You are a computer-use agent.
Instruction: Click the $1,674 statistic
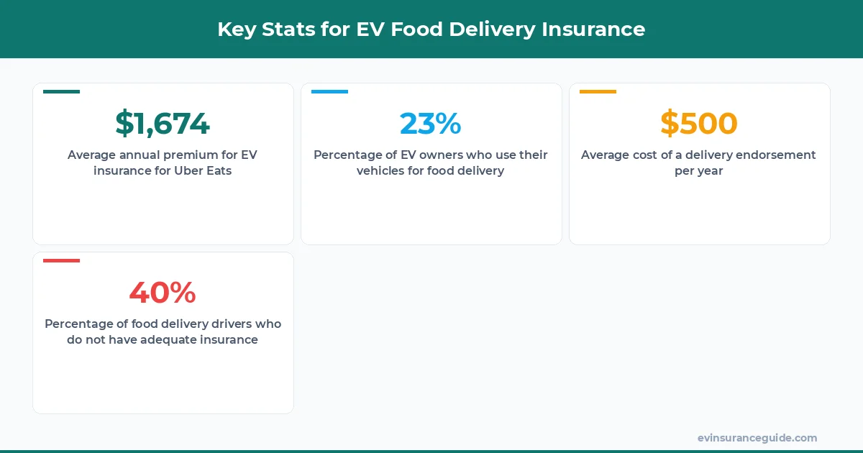click(163, 124)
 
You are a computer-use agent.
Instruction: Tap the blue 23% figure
click(431, 124)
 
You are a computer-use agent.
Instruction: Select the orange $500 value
click(699, 124)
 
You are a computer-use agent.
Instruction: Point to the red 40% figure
click(163, 293)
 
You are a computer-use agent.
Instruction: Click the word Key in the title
click(236, 29)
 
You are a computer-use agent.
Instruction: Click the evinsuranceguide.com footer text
click(757, 438)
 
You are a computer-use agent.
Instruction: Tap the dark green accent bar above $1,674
click(61, 92)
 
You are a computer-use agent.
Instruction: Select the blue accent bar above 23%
click(329, 92)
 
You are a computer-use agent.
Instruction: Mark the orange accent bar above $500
click(598, 92)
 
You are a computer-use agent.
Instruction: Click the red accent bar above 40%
click(61, 260)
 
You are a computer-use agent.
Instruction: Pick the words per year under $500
click(699, 171)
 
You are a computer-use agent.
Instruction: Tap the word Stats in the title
click(286, 29)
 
